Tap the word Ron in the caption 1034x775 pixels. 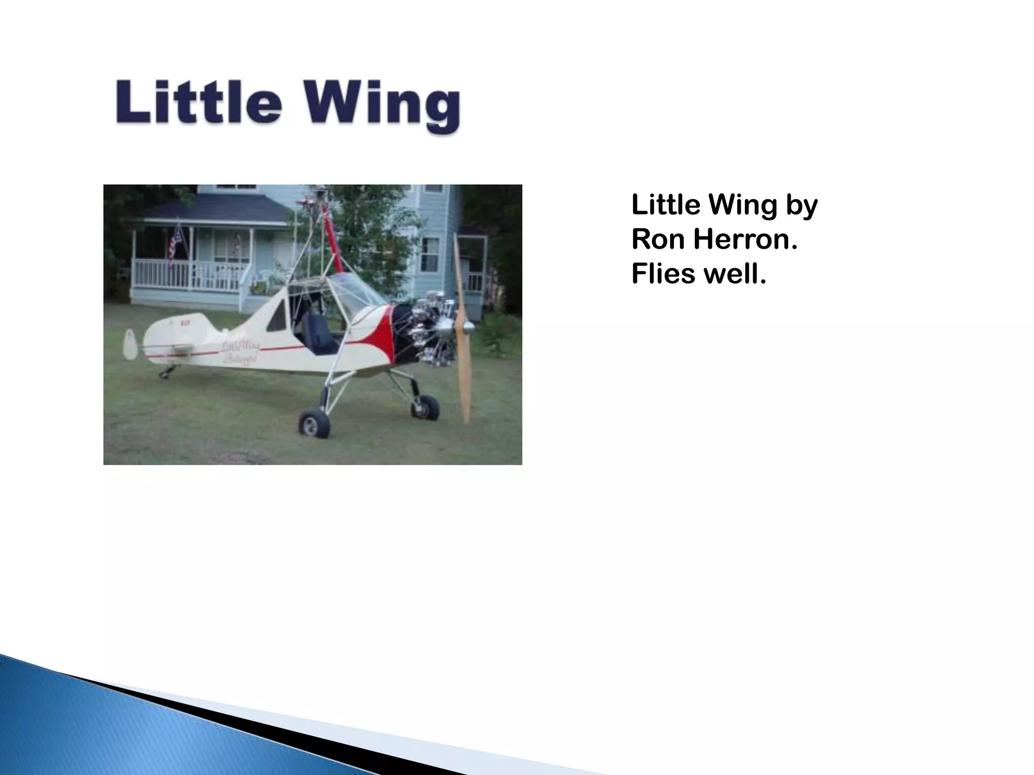point(658,239)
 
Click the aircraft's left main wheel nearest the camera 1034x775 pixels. point(314,423)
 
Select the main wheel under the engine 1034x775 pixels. point(425,407)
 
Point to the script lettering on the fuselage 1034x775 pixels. point(240,352)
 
